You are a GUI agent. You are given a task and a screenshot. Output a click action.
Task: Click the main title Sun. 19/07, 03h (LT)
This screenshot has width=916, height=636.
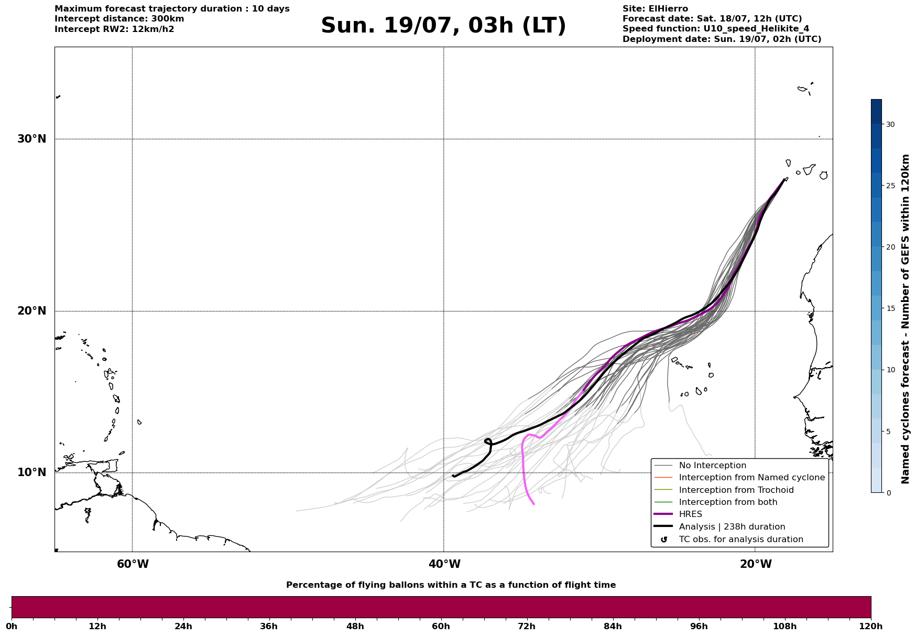[x=443, y=26]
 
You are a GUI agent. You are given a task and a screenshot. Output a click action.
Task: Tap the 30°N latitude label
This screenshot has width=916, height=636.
[x=31, y=139]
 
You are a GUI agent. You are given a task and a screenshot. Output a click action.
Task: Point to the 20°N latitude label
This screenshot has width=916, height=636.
[x=31, y=311]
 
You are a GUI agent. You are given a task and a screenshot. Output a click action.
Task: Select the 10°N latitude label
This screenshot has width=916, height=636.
[x=31, y=472]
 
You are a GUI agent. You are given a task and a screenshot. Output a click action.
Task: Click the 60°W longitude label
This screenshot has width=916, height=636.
[x=133, y=564]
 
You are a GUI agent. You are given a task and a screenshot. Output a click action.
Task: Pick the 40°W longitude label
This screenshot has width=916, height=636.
[x=444, y=564]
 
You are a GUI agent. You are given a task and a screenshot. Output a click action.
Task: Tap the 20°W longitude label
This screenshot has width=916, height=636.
[x=756, y=564]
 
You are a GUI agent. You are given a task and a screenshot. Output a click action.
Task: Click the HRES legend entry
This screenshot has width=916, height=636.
[x=690, y=514]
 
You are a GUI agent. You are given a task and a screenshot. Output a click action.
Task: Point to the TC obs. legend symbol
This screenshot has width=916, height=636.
[x=664, y=540]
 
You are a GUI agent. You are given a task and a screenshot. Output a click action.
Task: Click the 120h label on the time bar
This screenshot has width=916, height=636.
[x=870, y=627]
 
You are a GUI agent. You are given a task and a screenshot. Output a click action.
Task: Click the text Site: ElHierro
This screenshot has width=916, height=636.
[x=655, y=9]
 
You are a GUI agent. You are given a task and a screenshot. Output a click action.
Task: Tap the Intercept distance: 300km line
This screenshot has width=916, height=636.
[x=119, y=19]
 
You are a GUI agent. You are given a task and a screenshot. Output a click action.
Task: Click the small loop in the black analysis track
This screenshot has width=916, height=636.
[x=488, y=442]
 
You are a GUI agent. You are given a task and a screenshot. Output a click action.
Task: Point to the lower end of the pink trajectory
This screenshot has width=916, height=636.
[x=533, y=504]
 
